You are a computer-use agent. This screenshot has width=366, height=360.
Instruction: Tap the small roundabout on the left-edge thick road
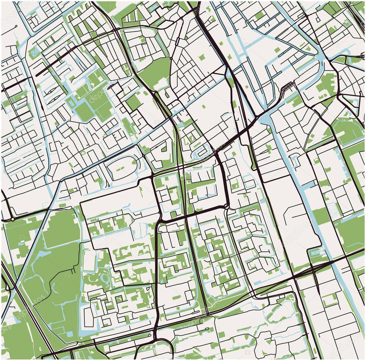pos(12,218)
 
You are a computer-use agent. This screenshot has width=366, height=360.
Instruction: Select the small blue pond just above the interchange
pos(314,252)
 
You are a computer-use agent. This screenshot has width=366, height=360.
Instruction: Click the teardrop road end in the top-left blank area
pos(16,27)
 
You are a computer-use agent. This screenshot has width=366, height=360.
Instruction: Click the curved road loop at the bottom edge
pos(154,349)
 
